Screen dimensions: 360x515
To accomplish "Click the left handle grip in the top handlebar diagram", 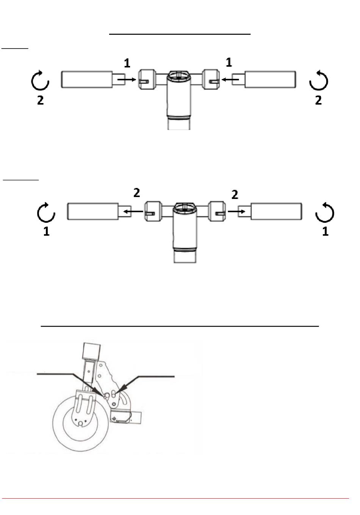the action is (x=86, y=80).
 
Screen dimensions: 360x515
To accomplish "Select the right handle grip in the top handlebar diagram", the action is (x=271, y=80).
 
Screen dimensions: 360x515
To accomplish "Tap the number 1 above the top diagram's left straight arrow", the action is (x=127, y=63).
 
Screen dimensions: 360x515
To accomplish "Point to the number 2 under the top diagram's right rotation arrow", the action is (x=318, y=100).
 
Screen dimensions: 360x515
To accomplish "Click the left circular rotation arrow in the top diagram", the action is (x=40, y=81).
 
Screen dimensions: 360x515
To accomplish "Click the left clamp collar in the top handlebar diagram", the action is (x=147, y=80).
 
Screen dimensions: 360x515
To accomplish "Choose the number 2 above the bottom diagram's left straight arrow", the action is (x=136, y=193).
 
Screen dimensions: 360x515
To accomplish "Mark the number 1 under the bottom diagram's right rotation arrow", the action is (x=325, y=232).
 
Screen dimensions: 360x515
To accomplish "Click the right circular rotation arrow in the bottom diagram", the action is (x=325, y=213).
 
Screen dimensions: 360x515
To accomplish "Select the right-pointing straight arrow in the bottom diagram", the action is (x=236, y=211).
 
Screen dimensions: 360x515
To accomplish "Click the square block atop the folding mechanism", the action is (x=91, y=351).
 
